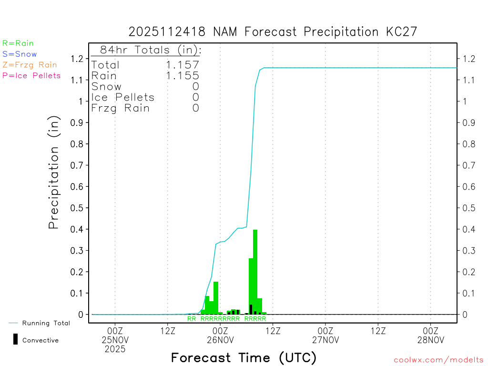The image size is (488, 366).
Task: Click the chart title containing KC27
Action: point(273,32)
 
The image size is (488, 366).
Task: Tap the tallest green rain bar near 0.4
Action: point(255,272)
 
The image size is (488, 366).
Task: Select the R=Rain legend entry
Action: point(18,43)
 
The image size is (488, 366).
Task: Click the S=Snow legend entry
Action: point(20,54)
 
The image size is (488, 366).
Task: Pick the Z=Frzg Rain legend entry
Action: point(30,65)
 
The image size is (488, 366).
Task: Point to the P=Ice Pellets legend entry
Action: point(31,75)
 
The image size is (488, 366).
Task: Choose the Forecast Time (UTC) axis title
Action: point(244,357)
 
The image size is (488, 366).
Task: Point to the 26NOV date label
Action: point(220,340)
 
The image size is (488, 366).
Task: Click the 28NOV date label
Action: point(430,340)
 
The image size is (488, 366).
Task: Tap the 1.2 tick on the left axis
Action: point(77,59)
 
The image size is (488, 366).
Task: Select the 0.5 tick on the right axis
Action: point(468,208)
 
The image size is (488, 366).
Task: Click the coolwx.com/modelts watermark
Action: point(438,360)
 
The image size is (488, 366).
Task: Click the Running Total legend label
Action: point(46,323)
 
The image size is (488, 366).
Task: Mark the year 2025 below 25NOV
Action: point(115,349)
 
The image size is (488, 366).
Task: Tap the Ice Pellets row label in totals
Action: point(123,97)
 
